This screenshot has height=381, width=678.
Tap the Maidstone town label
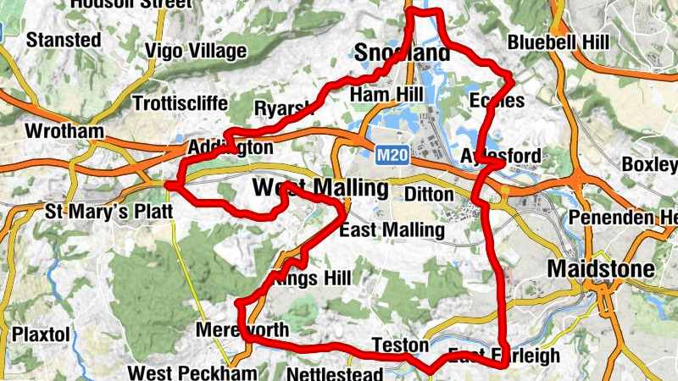pos(602,269)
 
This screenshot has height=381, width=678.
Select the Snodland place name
pos(403,53)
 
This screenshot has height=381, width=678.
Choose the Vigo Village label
pos(195,51)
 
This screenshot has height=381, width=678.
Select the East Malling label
pos(391,229)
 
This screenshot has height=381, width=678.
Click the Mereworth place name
pos(242,329)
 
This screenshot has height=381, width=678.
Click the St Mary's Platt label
pos(108,209)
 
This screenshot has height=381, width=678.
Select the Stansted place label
pos(64,40)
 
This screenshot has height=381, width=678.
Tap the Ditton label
pos(429,194)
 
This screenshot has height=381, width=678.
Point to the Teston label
pos(394,345)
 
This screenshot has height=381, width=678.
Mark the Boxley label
pos(649,163)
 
